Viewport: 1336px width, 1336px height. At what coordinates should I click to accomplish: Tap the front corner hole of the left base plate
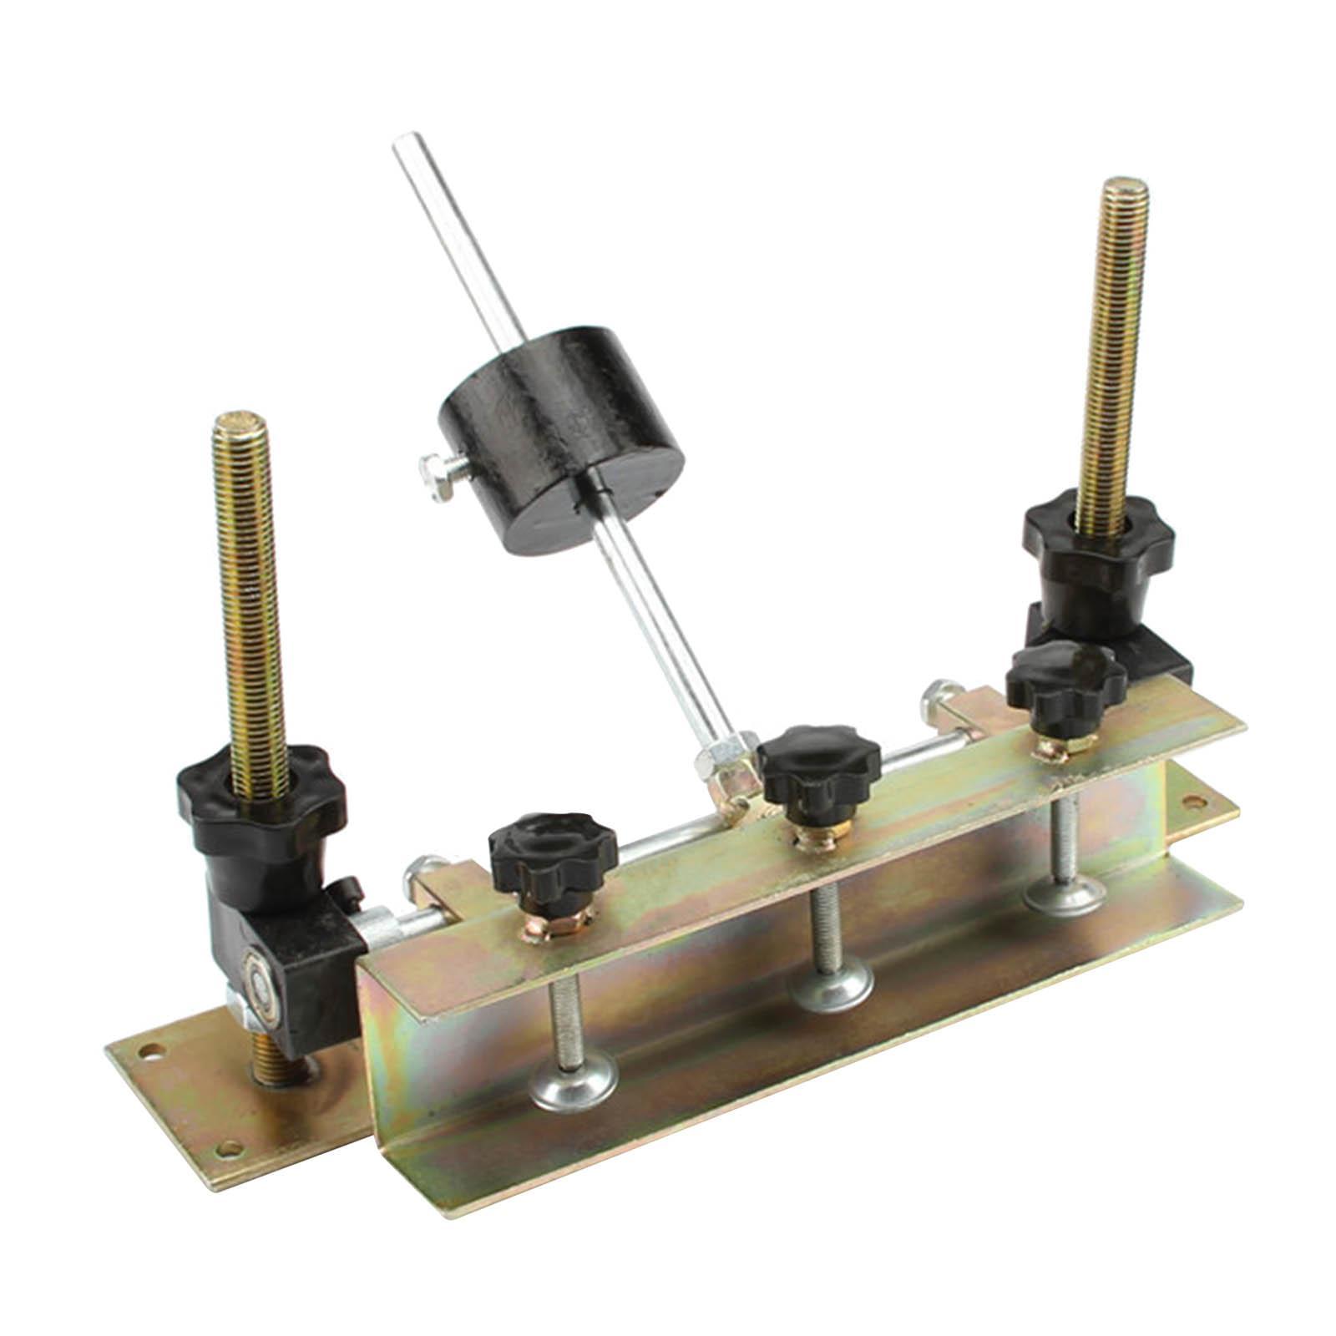click(x=224, y=1150)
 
